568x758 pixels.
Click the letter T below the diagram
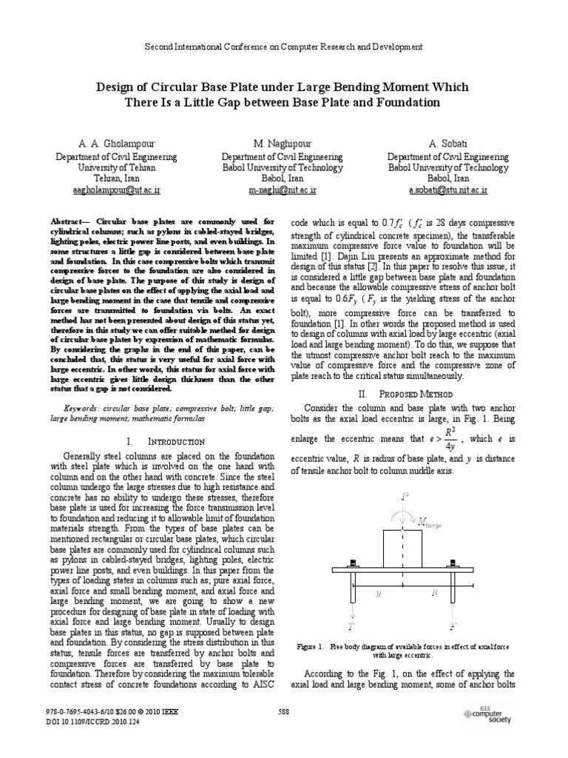[x=351, y=626]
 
